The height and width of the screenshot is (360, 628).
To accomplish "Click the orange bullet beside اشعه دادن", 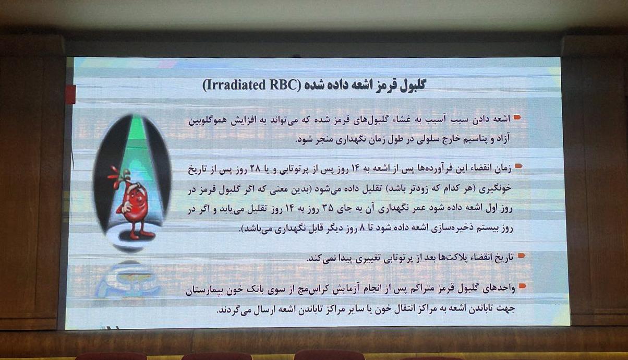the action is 517,117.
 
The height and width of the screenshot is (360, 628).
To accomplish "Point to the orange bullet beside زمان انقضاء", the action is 519,166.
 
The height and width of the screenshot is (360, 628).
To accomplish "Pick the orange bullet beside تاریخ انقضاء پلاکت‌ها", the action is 522,256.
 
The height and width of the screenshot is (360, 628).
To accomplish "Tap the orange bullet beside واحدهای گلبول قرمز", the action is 522,286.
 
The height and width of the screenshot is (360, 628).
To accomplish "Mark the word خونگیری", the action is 496,188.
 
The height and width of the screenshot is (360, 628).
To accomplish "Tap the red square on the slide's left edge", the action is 70,94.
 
